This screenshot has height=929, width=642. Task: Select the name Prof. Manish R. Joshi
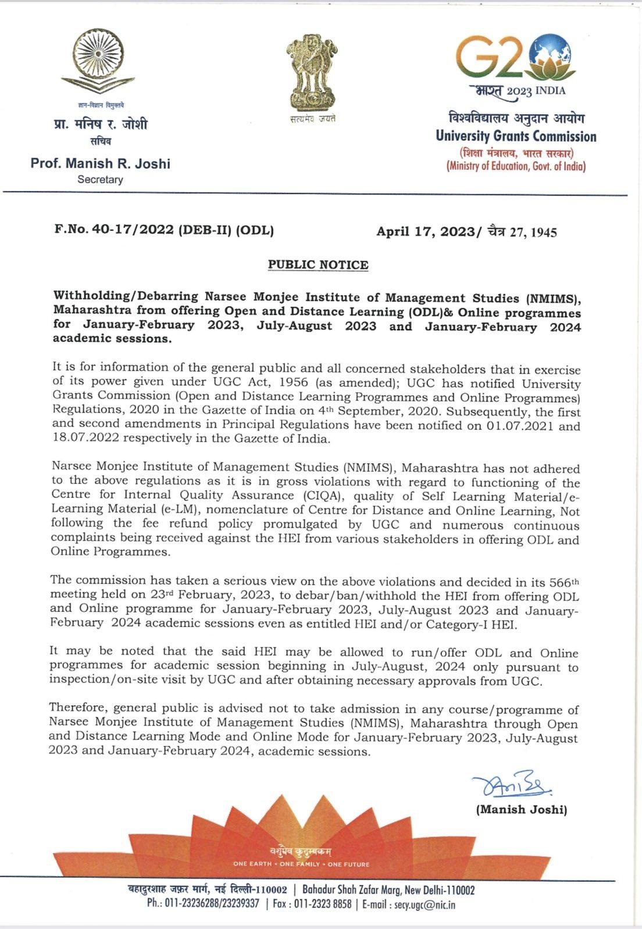[100, 163]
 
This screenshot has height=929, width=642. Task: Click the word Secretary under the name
[100, 180]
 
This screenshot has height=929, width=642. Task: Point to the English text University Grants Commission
[516, 137]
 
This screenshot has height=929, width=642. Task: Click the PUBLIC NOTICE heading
[318, 265]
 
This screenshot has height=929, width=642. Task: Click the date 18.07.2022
[79, 439]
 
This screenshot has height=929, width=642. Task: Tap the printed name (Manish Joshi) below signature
[521, 809]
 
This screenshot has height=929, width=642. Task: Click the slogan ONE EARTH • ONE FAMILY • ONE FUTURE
[301, 864]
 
